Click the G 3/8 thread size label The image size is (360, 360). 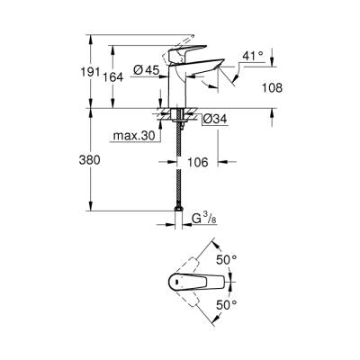pos(208,218)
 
